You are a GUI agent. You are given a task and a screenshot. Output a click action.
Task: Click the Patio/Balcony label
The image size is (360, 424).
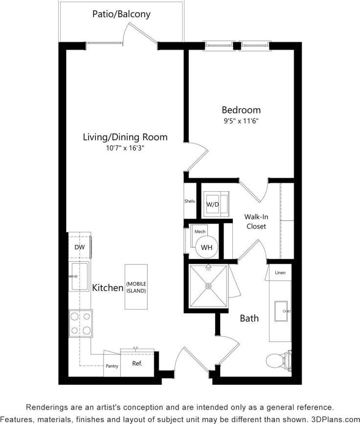pyautogui.click(x=121, y=14)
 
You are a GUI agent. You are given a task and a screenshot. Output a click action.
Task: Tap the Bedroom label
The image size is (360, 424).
pyautogui.click(x=241, y=110)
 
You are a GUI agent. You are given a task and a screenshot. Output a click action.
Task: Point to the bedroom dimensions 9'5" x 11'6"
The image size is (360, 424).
pyautogui.click(x=241, y=120)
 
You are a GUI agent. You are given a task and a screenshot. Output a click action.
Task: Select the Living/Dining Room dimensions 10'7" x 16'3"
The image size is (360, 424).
pyautogui.click(x=125, y=148)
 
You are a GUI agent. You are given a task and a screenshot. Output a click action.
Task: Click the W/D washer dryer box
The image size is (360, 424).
pyautogui.click(x=212, y=204)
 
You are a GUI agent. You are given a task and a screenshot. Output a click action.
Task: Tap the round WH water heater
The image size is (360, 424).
pyautogui.click(x=206, y=247)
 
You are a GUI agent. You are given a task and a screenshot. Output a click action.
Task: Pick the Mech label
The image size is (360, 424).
pyautogui.click(x=200, y=231)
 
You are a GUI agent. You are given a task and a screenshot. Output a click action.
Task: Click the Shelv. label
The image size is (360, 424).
pyautogui.click(x=190, y=201)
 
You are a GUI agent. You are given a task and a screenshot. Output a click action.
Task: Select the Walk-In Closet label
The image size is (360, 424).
pyautogui.click(x=256, y=222)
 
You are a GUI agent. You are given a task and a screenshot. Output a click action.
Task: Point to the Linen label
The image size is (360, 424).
pyautogui.click(x=280, y=272)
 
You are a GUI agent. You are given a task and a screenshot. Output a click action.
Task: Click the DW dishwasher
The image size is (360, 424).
pyautogui.click(x=79, y=247)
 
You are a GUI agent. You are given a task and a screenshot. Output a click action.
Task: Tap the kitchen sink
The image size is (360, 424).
pyautogui.click(x=79, y=276)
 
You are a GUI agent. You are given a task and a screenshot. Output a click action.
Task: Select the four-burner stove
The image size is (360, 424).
pyautogui.click(x=80, y=323)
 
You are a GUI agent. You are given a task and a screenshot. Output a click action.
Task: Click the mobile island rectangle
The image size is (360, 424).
pyautogui.click(x=136, y=287)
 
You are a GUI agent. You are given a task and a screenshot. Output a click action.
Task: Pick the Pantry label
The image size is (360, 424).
pyautogui.click(x=112, y=366)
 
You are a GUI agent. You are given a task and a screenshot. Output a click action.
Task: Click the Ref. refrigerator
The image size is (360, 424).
pyautogui.click(x=137, y=364)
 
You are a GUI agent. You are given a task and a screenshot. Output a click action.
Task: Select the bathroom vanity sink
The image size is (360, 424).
pyautogui.click(x=281, y=311)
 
